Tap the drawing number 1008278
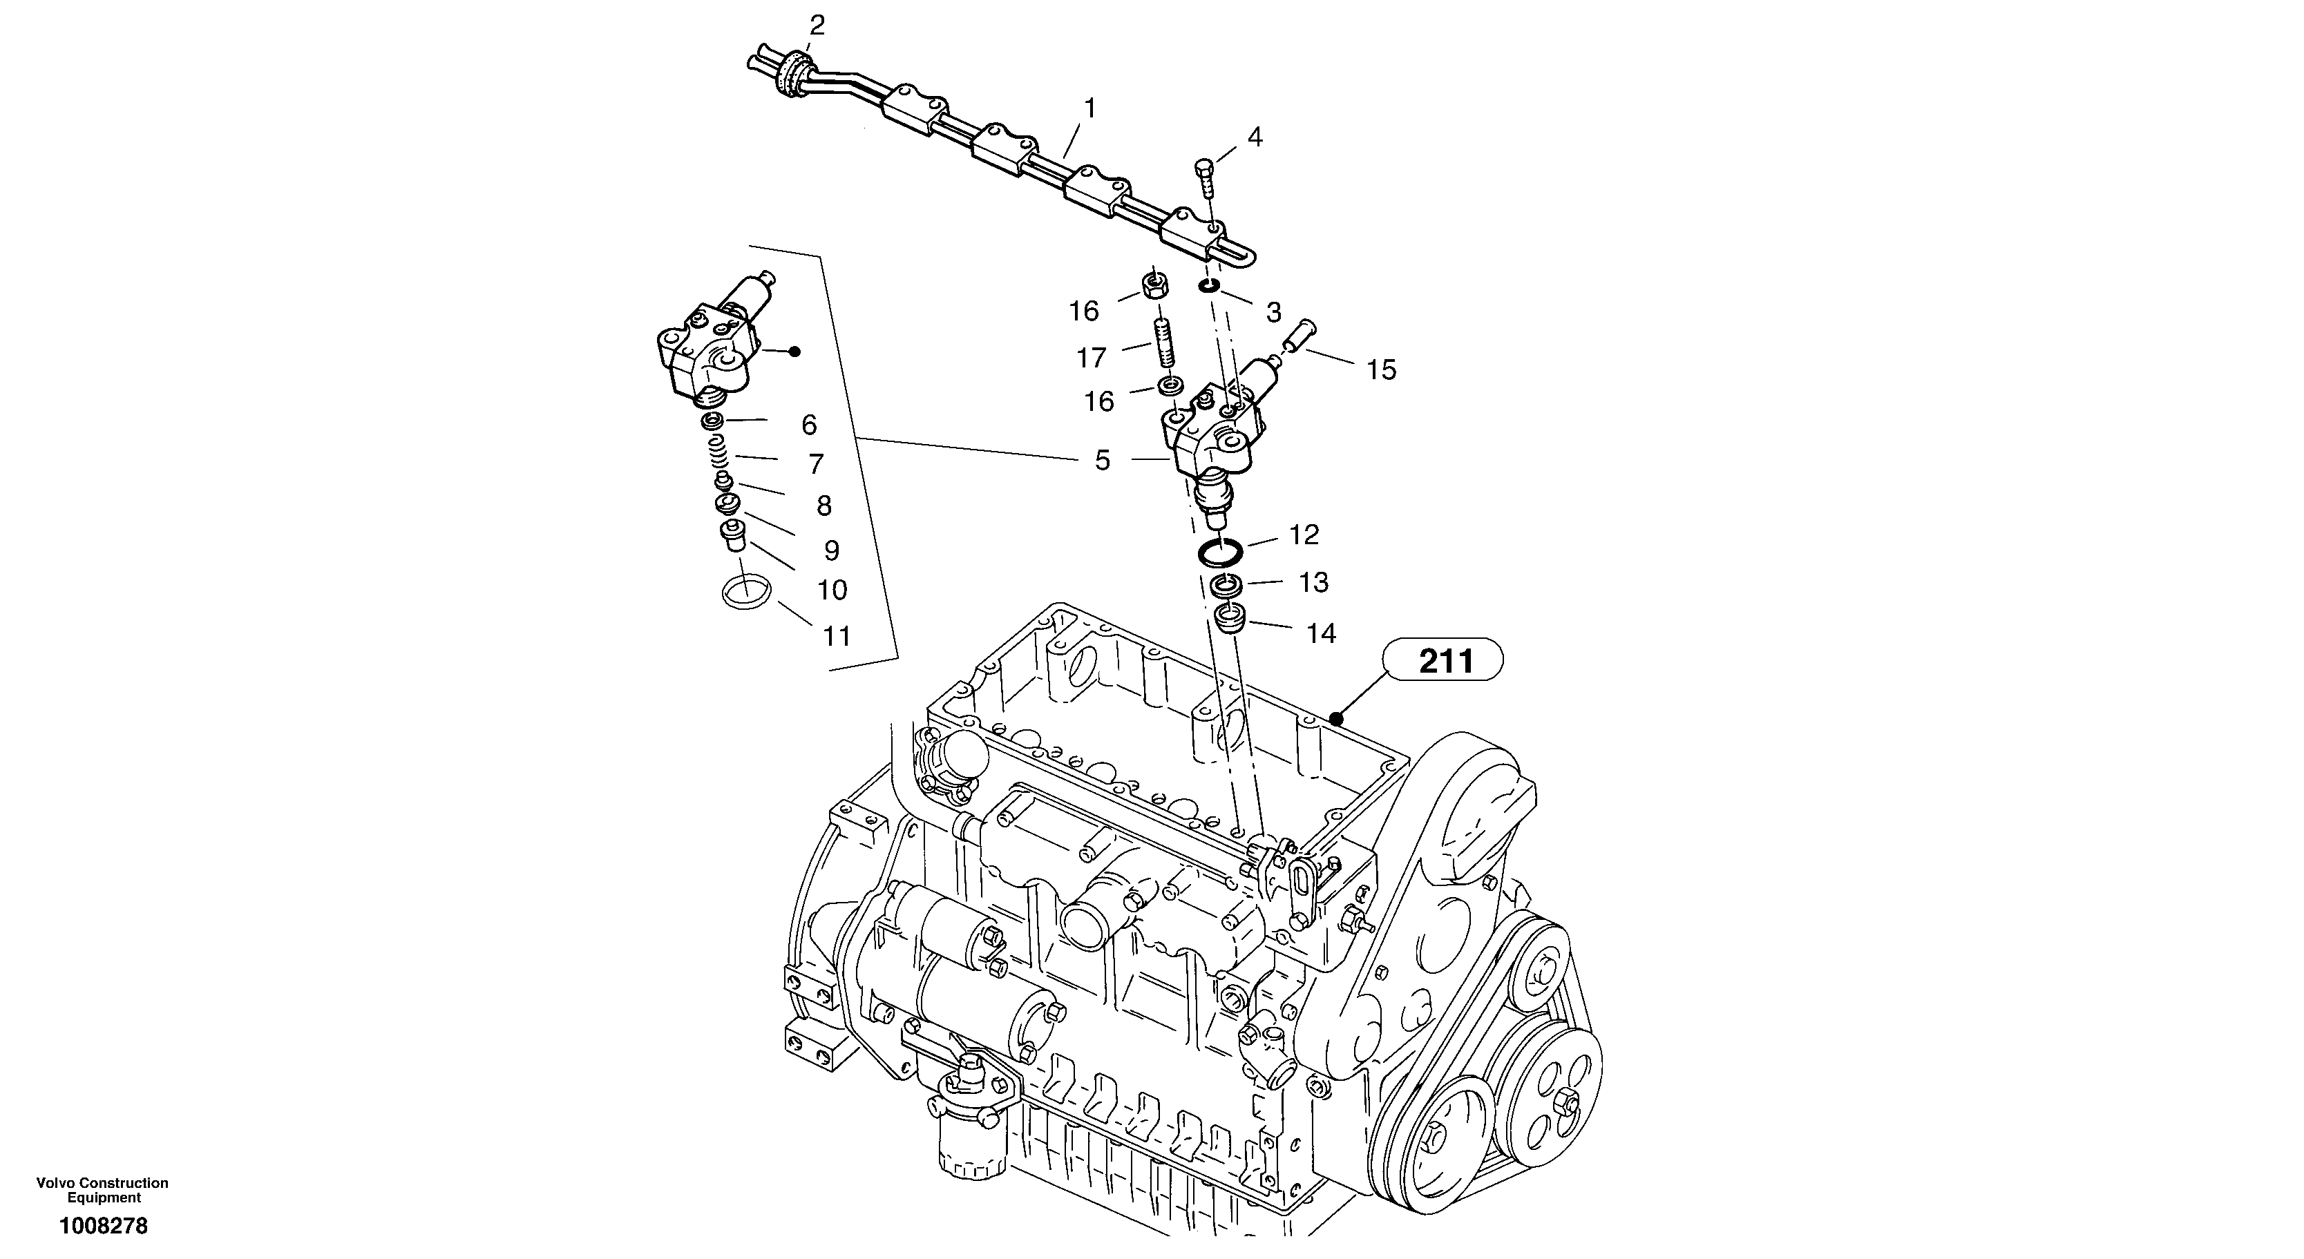point(104,1226)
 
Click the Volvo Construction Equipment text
point(103,1190)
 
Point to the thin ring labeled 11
point(745,591)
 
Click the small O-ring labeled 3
point(1209,285)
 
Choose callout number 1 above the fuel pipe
point(1089,108)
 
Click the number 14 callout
point(1320,634)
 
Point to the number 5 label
point(1102,461)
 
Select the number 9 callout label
point(831,550)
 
